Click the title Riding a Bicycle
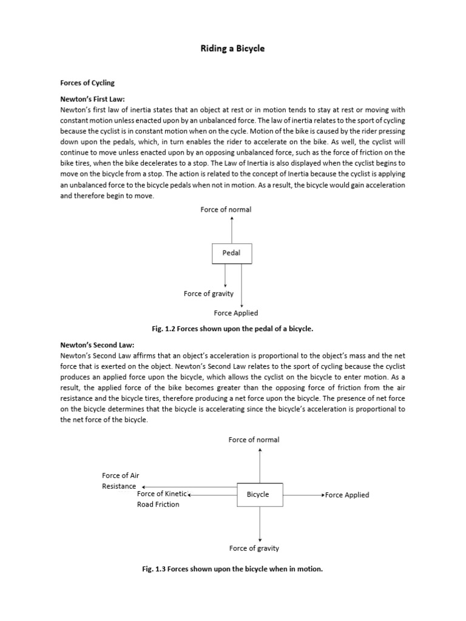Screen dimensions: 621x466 (x=232, y=49)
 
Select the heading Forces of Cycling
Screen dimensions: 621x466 (x=87, y=82)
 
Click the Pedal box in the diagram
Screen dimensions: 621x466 (x=231, y=253)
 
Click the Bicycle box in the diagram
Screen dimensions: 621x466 (x=258, y=494)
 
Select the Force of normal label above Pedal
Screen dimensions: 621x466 (x=226, y=209)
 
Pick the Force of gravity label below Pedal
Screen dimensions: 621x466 (x=209, y=294)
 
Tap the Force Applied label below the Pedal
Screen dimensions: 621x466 (x=236, y=313)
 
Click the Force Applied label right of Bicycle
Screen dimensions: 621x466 (x=347, y=495)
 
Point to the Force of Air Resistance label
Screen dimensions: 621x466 (x=120, y=481)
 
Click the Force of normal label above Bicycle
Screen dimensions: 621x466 (x=254, y=439)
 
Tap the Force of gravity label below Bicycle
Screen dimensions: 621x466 (x=254, y=548)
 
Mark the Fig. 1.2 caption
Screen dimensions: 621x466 (x=232, y=328)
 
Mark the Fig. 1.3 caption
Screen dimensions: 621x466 (x=232, y=569)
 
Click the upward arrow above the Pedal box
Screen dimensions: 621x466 (x=232, y=230)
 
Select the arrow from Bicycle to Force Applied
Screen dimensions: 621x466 (x=303, y=495)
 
